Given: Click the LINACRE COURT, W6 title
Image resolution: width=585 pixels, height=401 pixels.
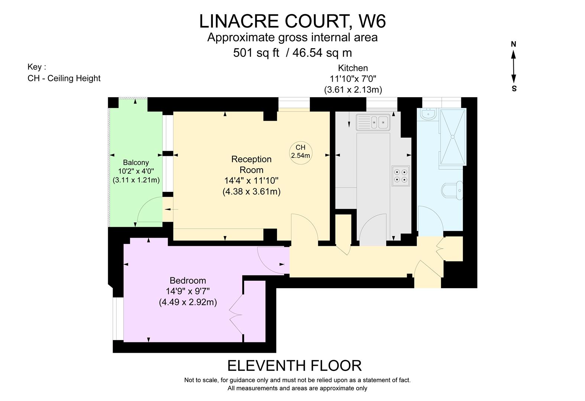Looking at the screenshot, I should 292,21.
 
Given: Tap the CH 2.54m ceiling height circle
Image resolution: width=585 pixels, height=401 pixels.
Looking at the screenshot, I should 300,151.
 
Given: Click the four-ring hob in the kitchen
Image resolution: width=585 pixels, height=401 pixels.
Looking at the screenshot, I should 401,176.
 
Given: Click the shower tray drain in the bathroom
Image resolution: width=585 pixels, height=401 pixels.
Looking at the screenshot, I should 453,137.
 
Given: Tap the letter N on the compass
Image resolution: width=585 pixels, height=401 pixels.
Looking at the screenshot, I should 514,44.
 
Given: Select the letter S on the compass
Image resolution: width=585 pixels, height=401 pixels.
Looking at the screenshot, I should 514,89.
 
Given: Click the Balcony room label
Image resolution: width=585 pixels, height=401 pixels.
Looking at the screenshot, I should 136,162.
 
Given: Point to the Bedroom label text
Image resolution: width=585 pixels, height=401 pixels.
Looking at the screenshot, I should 188,280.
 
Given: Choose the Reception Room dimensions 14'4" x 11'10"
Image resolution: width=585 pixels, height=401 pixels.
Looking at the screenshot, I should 251,181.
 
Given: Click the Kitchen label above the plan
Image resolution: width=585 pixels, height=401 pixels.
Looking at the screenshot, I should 353,68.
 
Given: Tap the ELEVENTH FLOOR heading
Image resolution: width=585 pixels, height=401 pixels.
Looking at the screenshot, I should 294,366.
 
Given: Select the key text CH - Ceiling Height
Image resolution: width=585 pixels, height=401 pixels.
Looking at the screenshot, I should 64,78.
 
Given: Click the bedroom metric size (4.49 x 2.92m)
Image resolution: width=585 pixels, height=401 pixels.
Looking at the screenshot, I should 188,302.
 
